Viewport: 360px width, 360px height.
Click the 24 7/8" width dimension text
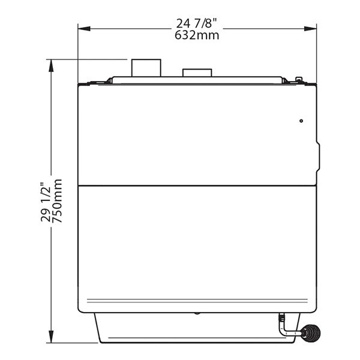pyautogui.click(x=197, y=23)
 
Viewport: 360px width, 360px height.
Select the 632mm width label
pyautogui.click(x=197, y=35)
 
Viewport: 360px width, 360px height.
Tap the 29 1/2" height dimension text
pyautogui.click(x=45, y=202)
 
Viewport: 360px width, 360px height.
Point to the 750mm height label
pyautogui.click(x=57, y=200)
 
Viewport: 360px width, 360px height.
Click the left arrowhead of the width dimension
pyautogui.click(x=84, y=29)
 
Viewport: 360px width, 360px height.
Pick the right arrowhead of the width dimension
pyautogui.click(x=310, y=29)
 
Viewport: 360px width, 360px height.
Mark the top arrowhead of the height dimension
pyautogui.click(x=51, y=65)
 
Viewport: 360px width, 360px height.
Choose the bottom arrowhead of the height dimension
pyautogui.click(x=51, y=337)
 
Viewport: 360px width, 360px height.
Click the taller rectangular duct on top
pyautogui.click(x=146, y=68)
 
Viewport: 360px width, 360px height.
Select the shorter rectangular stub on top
pyautogui.click(x=197, y=73)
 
